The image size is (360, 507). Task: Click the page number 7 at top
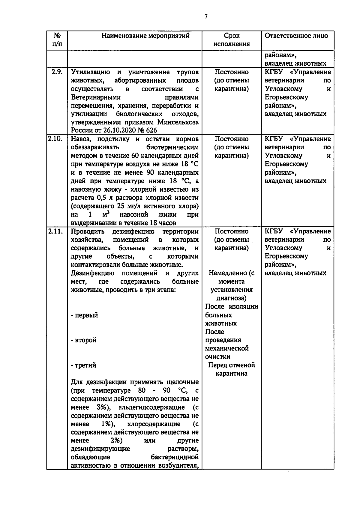(x=206, y=17)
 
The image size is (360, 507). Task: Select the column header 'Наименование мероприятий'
(x=145, y=36)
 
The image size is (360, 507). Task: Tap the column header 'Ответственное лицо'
(x=296, y=36)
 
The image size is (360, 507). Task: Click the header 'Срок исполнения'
(x=232, y=40)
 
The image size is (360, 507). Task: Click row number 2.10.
(x=55, y=139)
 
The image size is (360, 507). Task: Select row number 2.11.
(x=55, y=231)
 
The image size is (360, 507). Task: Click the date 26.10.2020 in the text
(x=113, y=130)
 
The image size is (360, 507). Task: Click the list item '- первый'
(x=84, y=315)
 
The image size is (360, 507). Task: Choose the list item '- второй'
(x=84, y=340)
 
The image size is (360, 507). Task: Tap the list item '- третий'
(x=84, y=365)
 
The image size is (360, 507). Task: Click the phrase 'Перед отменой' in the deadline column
(x=231, y=365)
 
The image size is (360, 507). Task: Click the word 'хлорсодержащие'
(x=154, y=424)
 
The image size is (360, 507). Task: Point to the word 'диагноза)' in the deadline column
(x=231, y=298)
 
